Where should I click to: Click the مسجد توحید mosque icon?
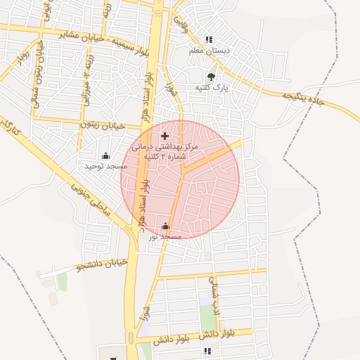tap(106, 155)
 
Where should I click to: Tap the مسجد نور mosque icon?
tap(165, 226)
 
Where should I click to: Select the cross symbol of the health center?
tap(165, 135)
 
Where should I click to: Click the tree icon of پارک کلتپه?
tap(212, 77)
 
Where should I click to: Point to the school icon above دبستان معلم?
tap(208, 40)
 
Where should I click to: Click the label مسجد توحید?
tap(106, 166)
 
